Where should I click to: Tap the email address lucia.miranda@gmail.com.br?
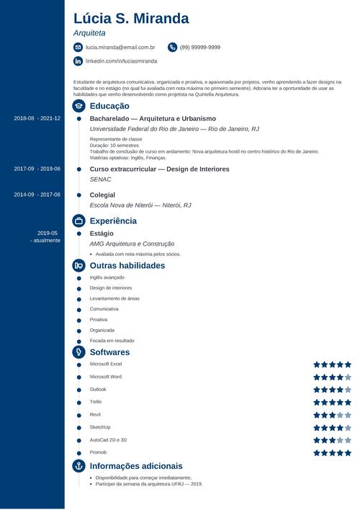[x=120, y=47]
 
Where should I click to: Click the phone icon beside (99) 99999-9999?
[x=172, y=47]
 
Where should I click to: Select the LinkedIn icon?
[x=78, y=61]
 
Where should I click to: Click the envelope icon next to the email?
[x=78, y=47]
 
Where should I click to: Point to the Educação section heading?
[x=109, y=105]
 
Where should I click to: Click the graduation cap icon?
[x=78, y=105]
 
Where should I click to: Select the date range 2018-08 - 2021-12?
[x=37, y=118]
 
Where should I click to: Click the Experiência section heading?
[x=113, y=220]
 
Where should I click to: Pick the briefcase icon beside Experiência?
[x=78, y=220]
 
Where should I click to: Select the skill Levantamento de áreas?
[x=114, y=298]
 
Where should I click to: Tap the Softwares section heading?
[x=109, y=352]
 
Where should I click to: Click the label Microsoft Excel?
[x=106, y=364]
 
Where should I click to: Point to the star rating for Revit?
[x=332, y=415]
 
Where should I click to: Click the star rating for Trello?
[x=332, y=402]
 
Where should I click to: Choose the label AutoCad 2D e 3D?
[x=108, y=439]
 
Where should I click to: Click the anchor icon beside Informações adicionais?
[x=78, y=466]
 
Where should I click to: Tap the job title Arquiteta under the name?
[x=89, y=33]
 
